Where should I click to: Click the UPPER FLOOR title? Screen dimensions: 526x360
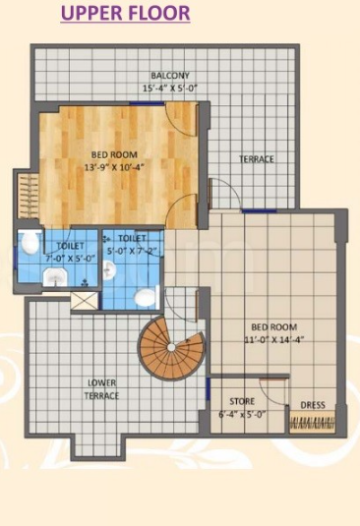125,14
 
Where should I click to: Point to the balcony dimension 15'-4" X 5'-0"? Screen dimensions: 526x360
170,88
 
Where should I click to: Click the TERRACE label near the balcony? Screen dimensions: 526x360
257,159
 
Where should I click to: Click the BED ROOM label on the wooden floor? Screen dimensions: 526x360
114,154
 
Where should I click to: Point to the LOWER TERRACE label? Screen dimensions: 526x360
102,388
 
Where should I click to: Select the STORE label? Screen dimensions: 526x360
242,401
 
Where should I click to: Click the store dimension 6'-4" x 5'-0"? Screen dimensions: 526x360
242,414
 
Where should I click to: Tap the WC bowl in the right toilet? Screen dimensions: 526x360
145,296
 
